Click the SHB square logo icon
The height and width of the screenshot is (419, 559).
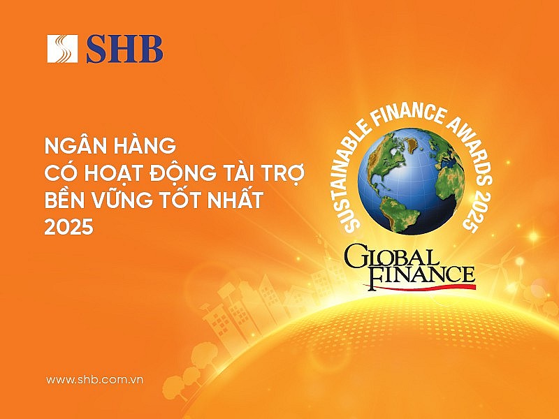[x=62, y=49]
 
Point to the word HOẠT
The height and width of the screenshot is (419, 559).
[x=112, y=173]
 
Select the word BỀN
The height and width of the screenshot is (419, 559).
[x=66, y=200]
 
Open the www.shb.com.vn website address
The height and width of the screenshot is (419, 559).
[x=94, y=379]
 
